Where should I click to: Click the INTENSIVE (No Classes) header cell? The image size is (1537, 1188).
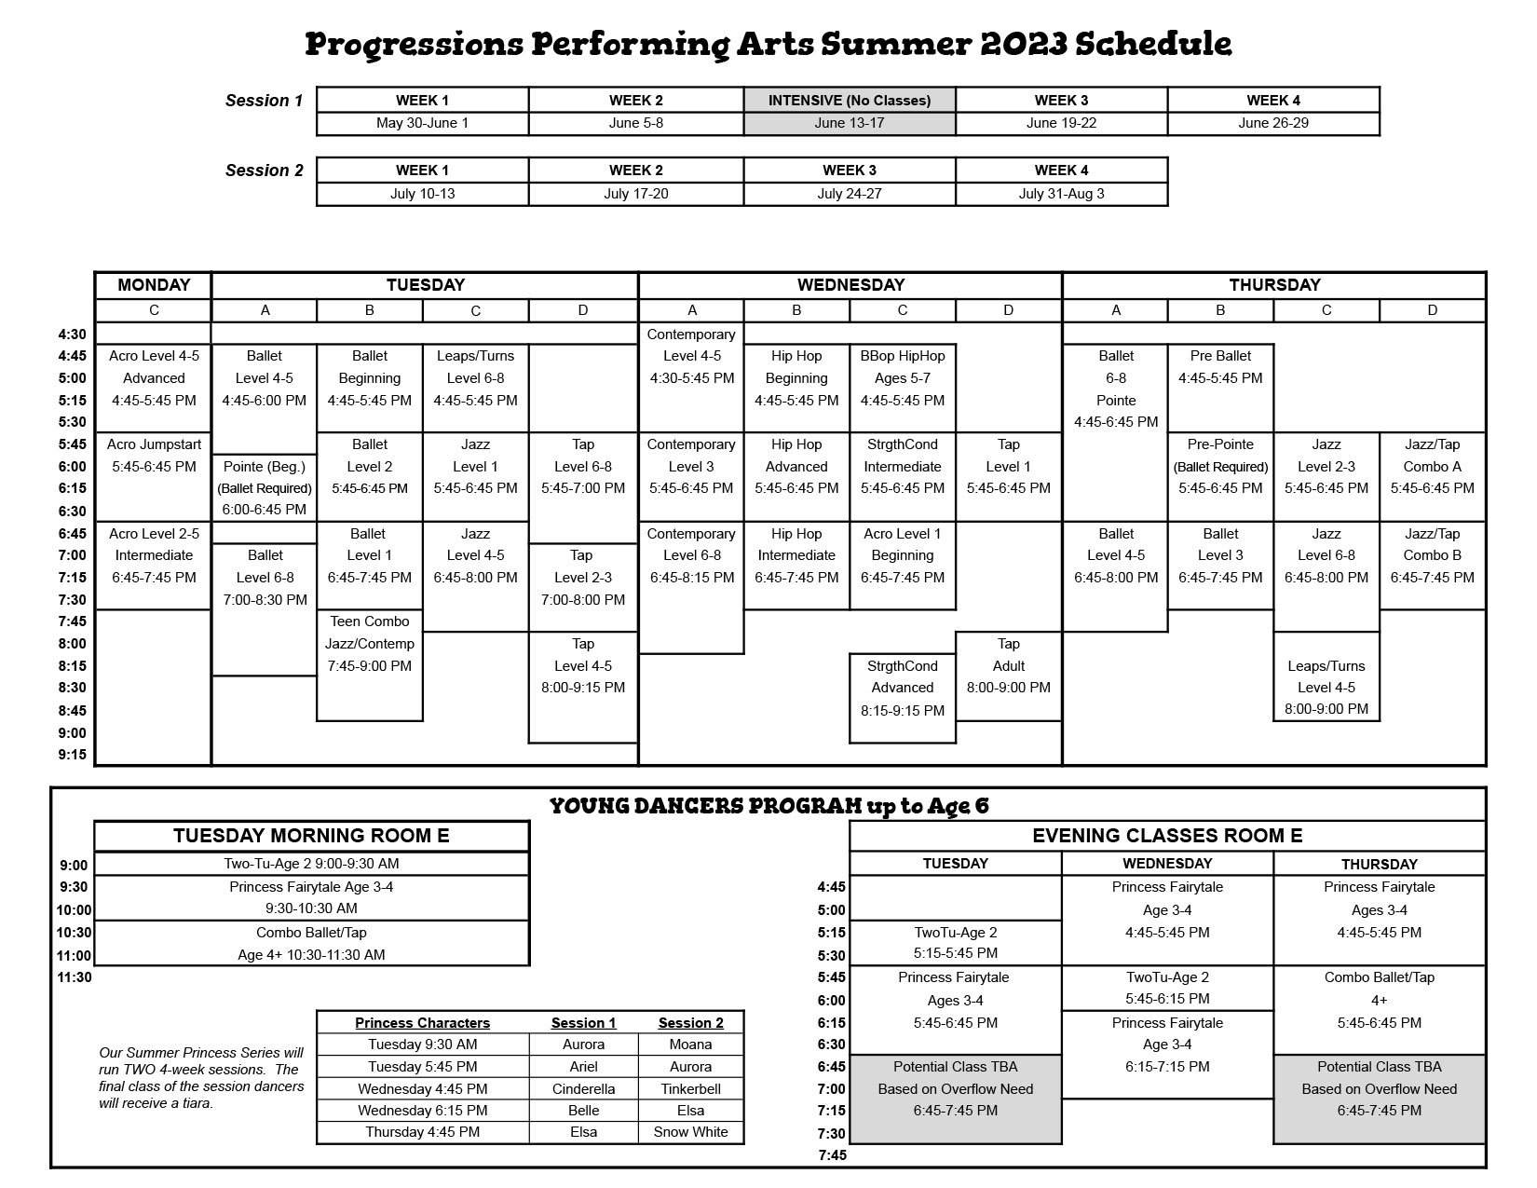849,101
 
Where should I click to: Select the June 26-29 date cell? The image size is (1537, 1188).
1272,123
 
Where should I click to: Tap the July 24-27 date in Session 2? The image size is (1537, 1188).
849,194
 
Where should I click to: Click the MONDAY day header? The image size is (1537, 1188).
154,285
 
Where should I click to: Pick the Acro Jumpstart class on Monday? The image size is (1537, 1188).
154,456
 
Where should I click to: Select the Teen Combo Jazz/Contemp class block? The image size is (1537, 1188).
370,644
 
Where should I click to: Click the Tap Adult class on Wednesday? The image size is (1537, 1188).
1008,665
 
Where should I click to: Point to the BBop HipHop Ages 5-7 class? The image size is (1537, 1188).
902,378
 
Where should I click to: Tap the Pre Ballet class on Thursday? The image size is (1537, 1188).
1220,367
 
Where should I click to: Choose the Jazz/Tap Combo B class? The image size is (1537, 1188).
1432,555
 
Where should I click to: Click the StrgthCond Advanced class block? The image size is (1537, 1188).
902,688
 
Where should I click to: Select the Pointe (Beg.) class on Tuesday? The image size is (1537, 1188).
265,487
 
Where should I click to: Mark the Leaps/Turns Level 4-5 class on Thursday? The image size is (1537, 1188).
1326,687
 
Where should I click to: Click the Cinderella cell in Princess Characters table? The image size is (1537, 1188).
583,1088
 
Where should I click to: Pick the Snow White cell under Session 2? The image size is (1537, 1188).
690,1132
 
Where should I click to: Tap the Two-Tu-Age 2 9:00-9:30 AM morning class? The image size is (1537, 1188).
311,864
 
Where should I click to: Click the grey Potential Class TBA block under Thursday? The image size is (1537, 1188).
1379,1088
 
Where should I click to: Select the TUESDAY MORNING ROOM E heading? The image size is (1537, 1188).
311,836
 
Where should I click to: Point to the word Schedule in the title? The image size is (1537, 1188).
1153,44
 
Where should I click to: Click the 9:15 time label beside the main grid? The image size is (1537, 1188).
72,755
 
